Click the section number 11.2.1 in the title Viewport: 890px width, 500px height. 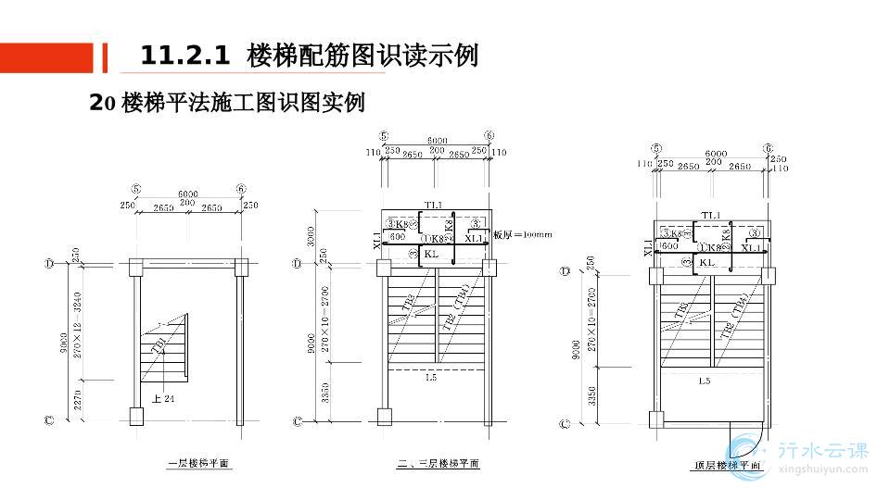click(184, 56)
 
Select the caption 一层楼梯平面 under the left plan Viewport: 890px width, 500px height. click(198, 464)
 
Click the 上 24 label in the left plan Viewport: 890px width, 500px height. click(163, 399)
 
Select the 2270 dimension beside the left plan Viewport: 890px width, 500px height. click(78, 400)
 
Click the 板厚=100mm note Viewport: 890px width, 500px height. click(523, 235)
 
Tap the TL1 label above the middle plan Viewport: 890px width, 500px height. click(433, 205)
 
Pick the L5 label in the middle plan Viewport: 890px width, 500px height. click(431, 377)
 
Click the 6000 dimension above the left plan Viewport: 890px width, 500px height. click(188, 194)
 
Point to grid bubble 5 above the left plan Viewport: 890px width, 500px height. click(136, 189)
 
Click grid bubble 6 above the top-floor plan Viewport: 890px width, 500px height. click(769, 148)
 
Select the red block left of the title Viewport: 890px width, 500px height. click(46, 57)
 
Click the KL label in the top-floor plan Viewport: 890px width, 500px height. click(706, 262)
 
